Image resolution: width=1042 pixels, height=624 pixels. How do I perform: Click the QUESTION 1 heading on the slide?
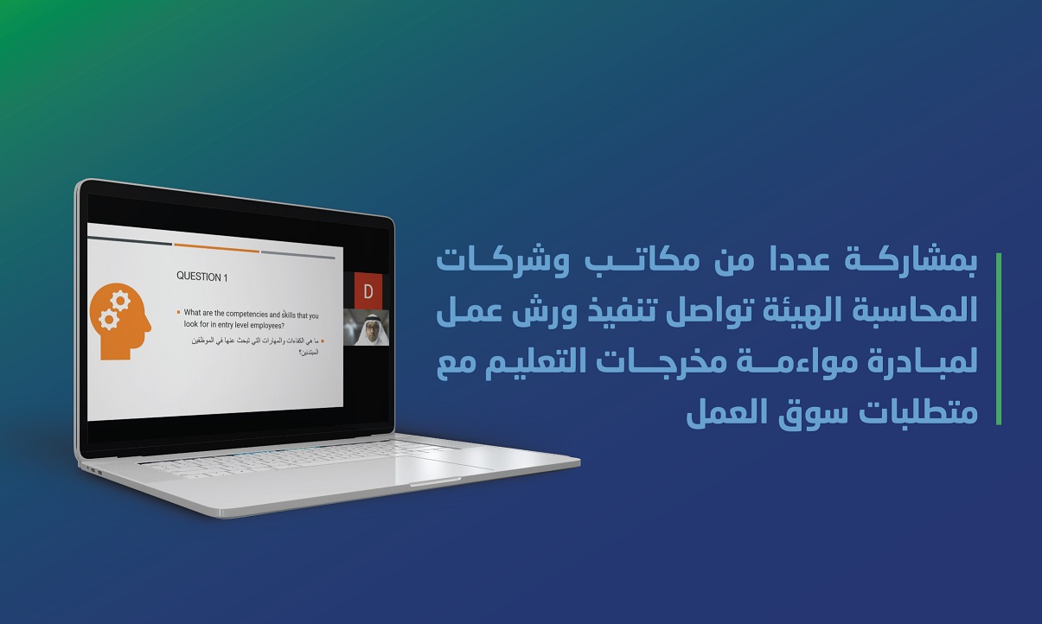pyautogui.click(x=201, y=277)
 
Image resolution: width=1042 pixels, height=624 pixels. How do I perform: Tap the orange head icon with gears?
pyautogui.click(x=120, y=322)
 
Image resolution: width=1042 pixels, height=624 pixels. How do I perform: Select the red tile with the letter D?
pyautogui.click(x=368, y=291)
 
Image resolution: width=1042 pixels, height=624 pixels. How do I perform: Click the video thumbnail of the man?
pyautogui.click(x=366, y=328)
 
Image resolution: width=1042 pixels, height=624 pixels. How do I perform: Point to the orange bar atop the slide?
pyautogui.click(x=216, y=248)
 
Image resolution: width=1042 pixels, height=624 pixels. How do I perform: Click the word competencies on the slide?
pyautogui.click(x=247, y=314)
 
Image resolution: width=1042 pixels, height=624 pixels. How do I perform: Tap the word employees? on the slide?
pyautogui.click(x=267, y=326)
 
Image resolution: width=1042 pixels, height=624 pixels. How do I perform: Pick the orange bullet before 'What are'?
pyautogui.click(x=178, y=312)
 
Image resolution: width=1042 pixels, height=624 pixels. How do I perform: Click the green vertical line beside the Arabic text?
pyautogui.click(x=998, y=339)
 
